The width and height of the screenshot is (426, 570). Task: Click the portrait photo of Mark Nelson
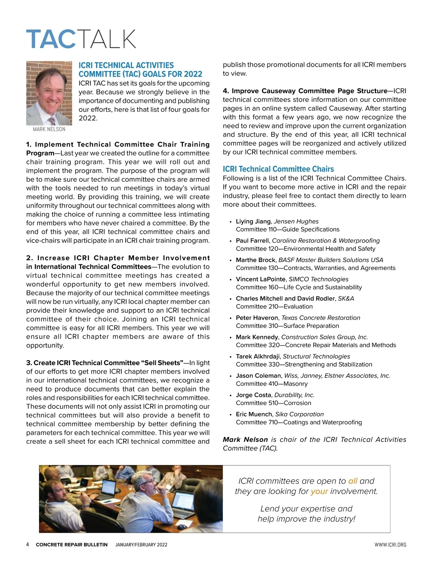pos(49,93)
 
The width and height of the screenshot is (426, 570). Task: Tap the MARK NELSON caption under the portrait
pos(49,130)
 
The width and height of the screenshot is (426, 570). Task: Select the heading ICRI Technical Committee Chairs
pos(278,169)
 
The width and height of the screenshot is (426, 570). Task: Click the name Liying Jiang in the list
pos(253,221)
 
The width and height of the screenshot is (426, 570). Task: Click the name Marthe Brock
pos(256,260)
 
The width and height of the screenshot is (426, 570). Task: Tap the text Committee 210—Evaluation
pos(274,307)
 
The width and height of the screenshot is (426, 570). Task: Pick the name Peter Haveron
pos(257,318)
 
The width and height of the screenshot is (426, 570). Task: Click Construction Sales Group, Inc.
pos(324,337)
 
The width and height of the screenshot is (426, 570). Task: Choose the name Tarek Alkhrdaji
pos(258,356)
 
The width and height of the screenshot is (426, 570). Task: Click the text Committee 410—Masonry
pos(272,384)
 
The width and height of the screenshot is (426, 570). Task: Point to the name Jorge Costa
pos(253,395)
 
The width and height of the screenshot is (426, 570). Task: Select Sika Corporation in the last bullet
pos(299,414)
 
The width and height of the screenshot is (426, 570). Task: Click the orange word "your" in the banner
pos(319,492)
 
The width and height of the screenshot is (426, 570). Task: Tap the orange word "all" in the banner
pos(353,481)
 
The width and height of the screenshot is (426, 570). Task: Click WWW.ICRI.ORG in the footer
pos(390,545)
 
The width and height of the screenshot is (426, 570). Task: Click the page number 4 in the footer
pos(28,545)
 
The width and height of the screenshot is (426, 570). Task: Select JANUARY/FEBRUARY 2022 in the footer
pos(141,545)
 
